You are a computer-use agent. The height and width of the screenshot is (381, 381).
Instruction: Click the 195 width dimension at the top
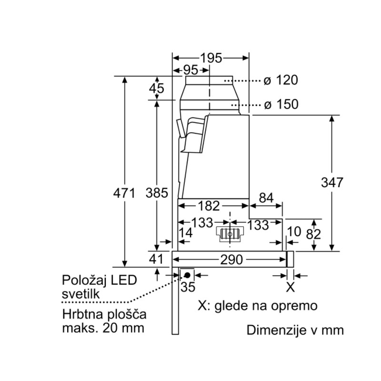click(211, 58)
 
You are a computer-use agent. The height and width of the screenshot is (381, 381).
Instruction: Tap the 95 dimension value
click(190, 70)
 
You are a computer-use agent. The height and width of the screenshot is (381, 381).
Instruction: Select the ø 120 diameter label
click(281, 80)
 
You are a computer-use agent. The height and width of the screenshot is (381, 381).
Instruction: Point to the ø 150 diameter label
click(281, 104)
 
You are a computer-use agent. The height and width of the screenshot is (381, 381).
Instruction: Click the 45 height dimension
click(157, 88)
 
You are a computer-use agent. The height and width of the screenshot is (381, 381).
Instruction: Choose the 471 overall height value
click(124, 193)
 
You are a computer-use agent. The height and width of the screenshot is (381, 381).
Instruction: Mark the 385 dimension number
click(157, 193)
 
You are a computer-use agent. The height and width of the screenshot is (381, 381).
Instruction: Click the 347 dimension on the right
click(332, 182)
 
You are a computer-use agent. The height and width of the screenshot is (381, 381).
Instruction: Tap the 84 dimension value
click(266, 198)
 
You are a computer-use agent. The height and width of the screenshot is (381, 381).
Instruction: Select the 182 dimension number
click(209, 206)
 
